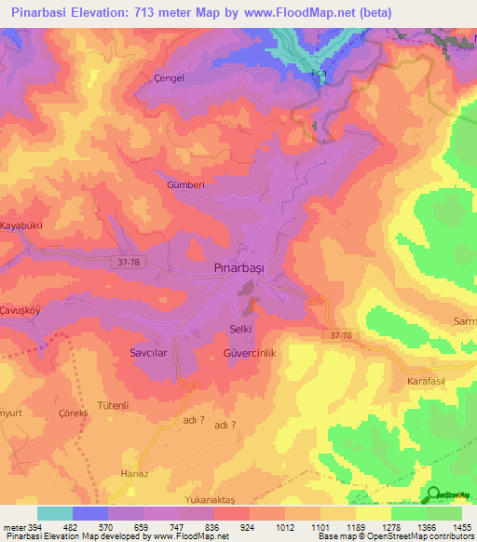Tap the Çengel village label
point(168,78)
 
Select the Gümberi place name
point(184,184)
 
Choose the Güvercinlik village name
point(251,354)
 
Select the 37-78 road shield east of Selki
point(340,335)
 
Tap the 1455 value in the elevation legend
point(463,527)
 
